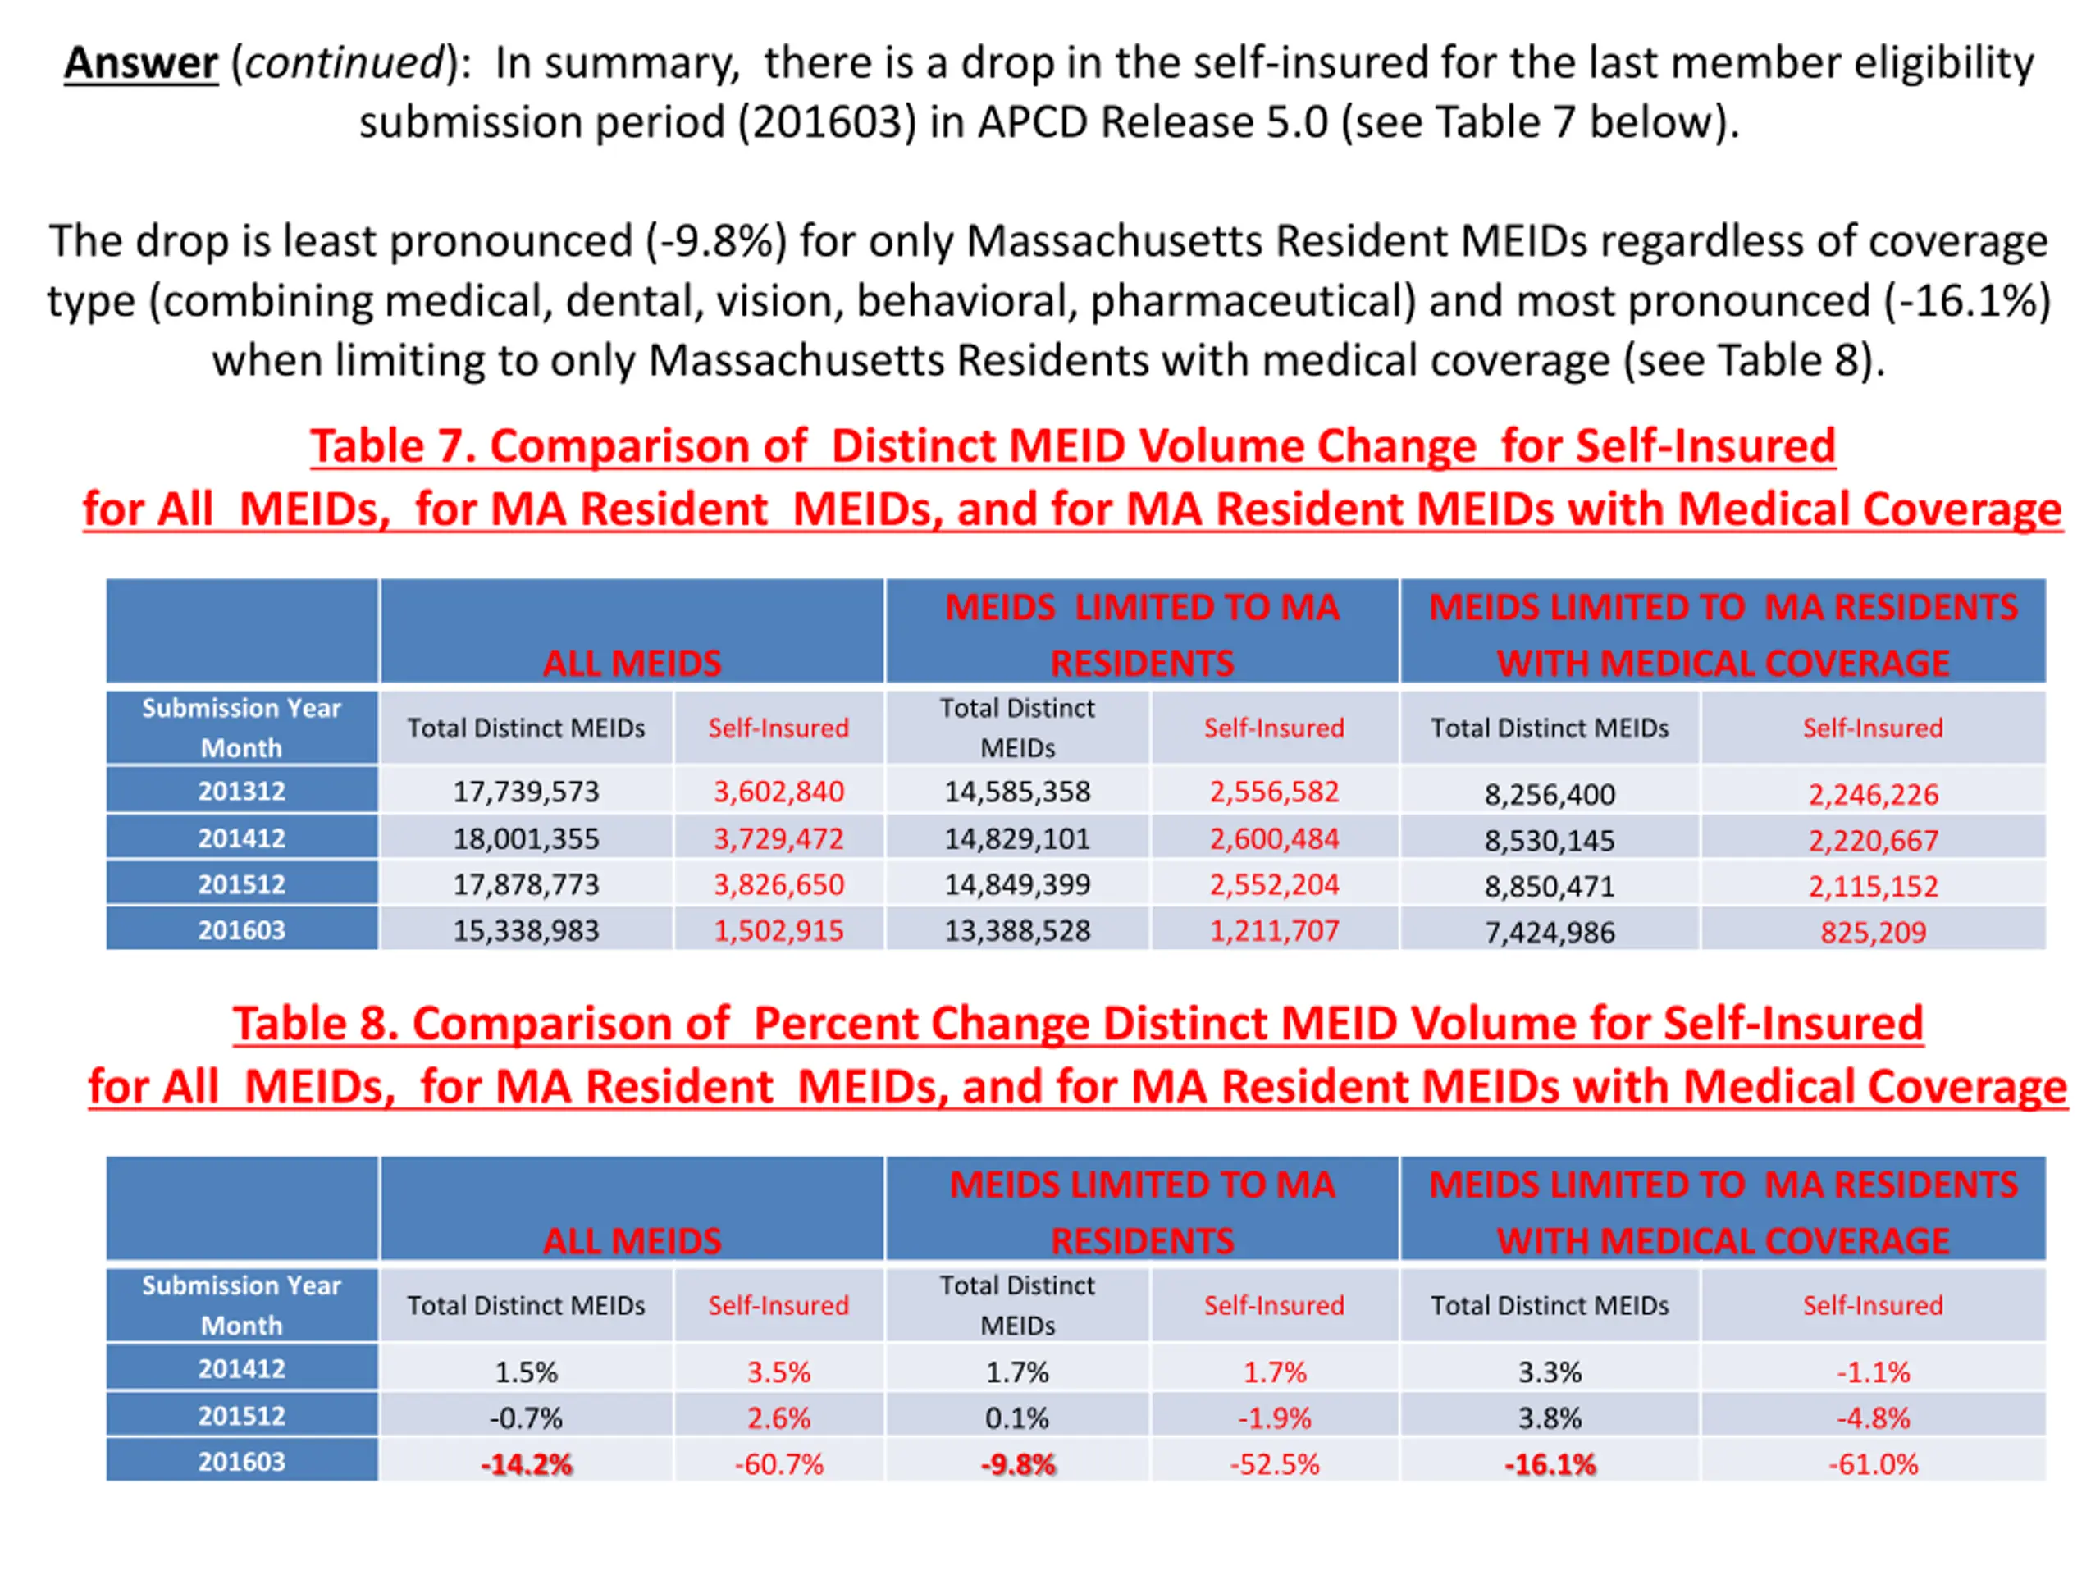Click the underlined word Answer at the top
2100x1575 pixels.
click(x=140, y=65)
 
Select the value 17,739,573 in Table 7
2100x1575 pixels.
click(x=526, y=792)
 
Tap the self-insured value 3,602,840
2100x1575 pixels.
click(x=778, y=792)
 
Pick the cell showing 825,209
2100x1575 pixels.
click(x=1873, y=932)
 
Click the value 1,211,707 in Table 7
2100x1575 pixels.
click(x=1274, y=930)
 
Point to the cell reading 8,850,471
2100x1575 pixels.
click(x=1550, y=887)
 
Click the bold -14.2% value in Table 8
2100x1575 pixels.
click(x=526, y=1464)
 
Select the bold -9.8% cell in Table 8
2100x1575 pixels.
click(x=1018, y=1464)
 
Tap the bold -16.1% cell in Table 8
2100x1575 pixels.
click(x=1550, y=1464)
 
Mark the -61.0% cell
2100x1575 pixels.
click(x=1873, y=1464)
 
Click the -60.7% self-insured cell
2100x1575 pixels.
click(x=778, y=1464)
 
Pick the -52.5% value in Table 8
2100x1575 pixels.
click(x=1274, y=1464)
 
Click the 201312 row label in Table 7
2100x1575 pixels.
click(x=241, y=791)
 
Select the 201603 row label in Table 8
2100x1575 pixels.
click(x=241, y=1461)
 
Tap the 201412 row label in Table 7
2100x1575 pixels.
click(x=241, y=838)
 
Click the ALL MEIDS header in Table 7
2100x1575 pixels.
click(x=632, y=663)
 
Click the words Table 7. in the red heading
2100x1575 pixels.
click(x=393, y=446)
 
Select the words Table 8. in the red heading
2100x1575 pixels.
click(x=315, y=1024)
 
